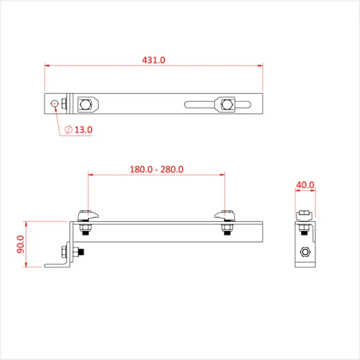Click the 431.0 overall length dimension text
(x=154, y=60)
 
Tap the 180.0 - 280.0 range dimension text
(x=157, y=169)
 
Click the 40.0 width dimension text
(x=305, y=184)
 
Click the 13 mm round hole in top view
(x=54, y=103)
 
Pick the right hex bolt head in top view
(x=227, y=103)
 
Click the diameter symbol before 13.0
(x=68, y=130)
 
